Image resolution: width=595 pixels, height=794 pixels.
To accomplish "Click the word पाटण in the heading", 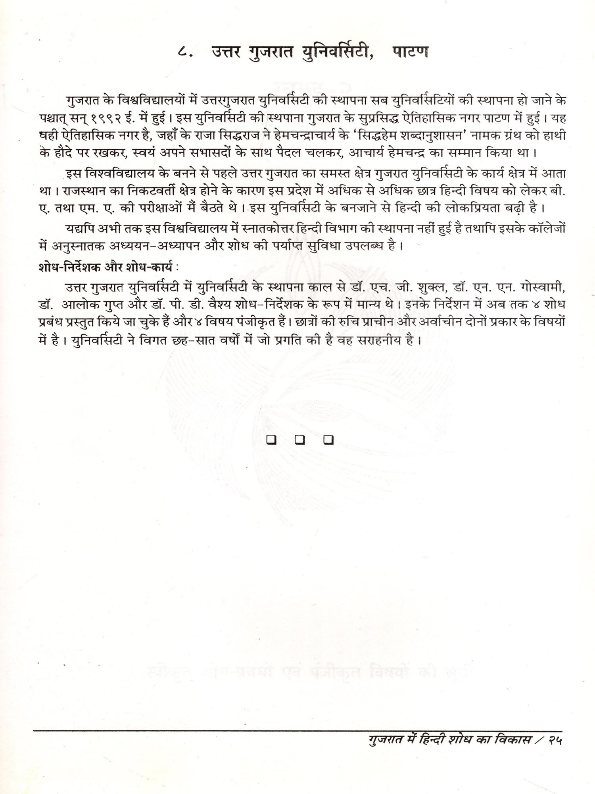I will (x=411, y=52).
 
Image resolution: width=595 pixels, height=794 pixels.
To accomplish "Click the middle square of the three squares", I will (x=300, y=439).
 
